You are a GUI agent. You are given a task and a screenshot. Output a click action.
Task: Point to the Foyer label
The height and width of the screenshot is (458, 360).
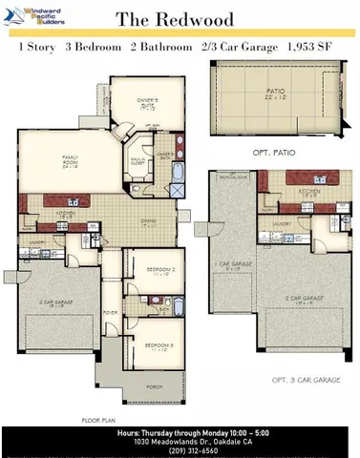click(111, 312)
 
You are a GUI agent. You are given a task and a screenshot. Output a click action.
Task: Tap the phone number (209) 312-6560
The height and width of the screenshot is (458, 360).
click(180, 450)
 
